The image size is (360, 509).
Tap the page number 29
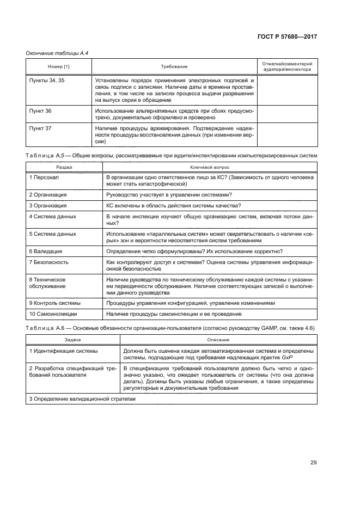[313, 463]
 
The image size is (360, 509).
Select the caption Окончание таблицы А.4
[57, 53]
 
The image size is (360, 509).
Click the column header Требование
[174, 66]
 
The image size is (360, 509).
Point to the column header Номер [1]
[58, 66]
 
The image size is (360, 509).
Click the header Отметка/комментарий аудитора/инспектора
[286, 66]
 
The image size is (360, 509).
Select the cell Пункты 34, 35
[47, 80]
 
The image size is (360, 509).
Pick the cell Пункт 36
[40, 111]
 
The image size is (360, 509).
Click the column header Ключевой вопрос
[209, 167]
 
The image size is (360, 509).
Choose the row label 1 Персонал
[45, 177]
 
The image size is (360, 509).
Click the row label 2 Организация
[48, 194]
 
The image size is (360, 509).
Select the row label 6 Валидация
[46, 252]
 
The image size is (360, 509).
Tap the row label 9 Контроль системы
[54, 303]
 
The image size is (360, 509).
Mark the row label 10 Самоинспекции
[53, 314]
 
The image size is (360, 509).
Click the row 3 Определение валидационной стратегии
[82, 399]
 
